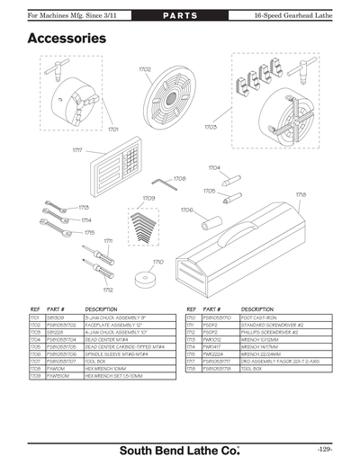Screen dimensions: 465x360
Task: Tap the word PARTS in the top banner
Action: (180, 17)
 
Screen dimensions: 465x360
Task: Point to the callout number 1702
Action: (144, 69)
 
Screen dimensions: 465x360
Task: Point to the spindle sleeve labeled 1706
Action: (212, 219)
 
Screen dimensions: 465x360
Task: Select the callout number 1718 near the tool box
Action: (301, 194)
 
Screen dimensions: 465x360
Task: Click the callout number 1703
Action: (211, 128)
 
